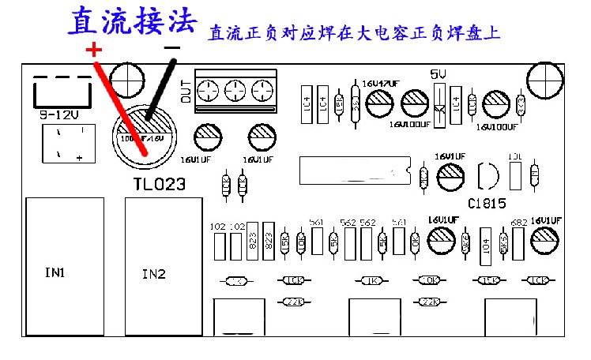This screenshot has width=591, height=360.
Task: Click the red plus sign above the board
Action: (x=93, y=50)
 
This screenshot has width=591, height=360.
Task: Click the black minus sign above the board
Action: (x=171, y=49)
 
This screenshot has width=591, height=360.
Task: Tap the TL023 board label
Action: (x=159, y=185)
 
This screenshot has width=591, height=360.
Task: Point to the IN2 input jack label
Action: (x=153, y=275)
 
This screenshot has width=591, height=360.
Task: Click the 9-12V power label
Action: (x=58, y=114)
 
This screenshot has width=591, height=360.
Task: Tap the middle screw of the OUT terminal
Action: (x=235, y=92)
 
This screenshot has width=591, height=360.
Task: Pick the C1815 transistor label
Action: (x=487, y=201)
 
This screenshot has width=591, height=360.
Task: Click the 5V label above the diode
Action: (x=438, y=73)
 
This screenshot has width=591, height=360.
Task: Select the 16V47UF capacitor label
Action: (x=381, y=83)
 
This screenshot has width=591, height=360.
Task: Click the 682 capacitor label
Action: (x=519, y=223)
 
